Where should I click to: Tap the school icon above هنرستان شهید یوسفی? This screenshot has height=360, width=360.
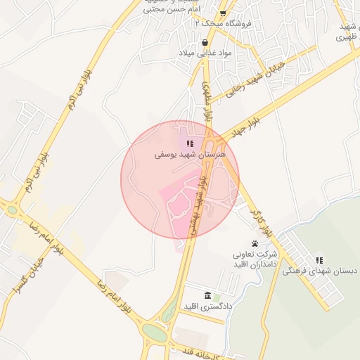pyautogui.click(x=190, y=143)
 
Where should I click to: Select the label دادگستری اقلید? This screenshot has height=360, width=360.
pyautogui.click(x=207, y=307)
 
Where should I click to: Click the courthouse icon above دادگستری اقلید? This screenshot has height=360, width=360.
pyautogui.click(x=207, y=295)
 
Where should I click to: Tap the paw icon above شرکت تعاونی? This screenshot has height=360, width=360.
pyautogui.click(x=255, y=243)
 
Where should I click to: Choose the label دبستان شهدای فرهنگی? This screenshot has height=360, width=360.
pyautogui.click(x=321, y=271)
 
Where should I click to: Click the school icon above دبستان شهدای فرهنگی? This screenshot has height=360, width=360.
pyautogui.click(x=320, y=260)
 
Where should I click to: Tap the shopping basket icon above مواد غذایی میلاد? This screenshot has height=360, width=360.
pyautogui.click(x=205, y=42)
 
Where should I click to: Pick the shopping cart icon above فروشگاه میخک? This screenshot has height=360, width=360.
pyautogui.click(x=223, y=13)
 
